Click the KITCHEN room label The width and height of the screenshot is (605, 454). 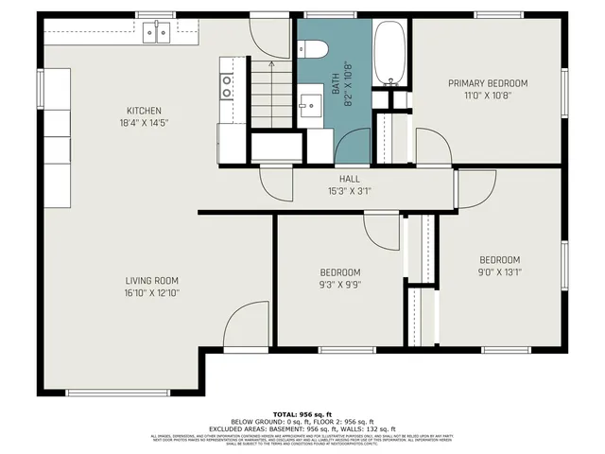click(145, 111)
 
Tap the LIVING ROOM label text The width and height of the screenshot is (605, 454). click(152, 281)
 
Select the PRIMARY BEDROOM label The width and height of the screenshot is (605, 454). click(487, 83)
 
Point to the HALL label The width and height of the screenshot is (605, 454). click(350, 179)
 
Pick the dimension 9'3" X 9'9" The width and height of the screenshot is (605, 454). click(339, 284)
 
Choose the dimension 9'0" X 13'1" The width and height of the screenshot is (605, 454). click(499, 271)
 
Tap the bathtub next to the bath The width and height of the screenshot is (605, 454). click(389, 52)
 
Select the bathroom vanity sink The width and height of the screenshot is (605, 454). click(310, 103)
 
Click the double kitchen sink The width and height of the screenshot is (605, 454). click(157, 32)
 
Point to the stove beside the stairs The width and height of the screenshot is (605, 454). click(227, 87)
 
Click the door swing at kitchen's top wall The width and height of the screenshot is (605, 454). click(270, 36)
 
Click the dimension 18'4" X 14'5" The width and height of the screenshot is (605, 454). click(145, 123)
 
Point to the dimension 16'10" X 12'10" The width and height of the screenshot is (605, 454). click(152, 293)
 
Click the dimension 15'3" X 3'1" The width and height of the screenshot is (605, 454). click(350, 190)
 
